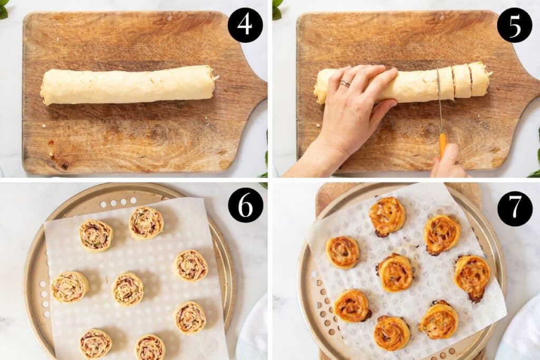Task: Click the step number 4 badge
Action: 245,25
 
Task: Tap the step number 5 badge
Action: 514,25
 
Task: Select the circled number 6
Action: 245,205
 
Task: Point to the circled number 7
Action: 515,209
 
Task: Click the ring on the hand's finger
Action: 344,83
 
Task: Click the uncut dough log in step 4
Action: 128,84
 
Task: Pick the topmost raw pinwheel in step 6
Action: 146,222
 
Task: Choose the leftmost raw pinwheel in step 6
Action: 70,287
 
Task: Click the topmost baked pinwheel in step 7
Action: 387,216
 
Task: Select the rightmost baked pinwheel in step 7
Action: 472,277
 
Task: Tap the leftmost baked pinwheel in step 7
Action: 342,252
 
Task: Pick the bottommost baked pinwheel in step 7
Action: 391,333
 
